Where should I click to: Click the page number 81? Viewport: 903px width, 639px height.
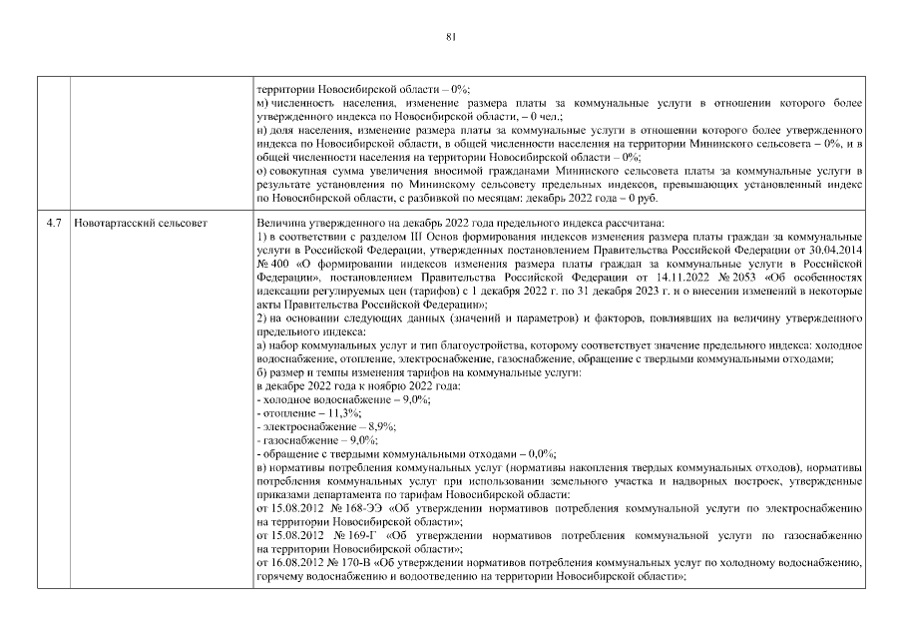451,37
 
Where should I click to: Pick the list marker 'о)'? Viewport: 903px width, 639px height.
261,172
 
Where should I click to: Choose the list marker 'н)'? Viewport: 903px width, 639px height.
261,130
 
